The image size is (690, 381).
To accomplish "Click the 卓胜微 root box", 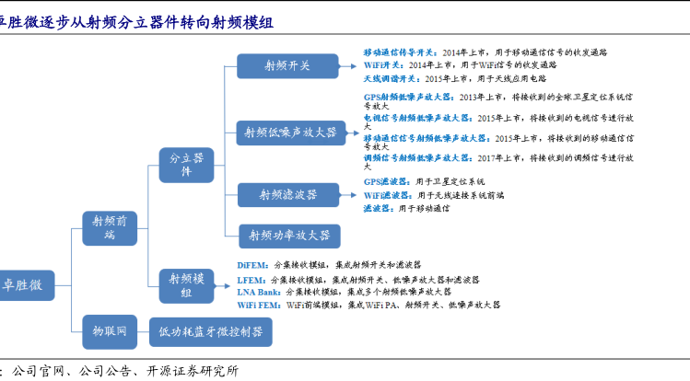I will [24, 284].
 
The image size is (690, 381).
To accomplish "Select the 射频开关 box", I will [287, 66].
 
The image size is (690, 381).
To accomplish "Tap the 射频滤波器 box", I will [287, 195].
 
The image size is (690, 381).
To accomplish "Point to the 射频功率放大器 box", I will [289, 236].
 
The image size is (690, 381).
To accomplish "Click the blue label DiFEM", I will [252, 264].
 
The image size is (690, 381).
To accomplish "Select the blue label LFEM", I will [251, 278].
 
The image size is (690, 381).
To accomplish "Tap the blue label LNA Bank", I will [259, 291].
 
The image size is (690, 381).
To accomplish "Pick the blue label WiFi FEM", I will [259, 304].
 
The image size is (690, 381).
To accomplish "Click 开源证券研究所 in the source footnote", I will [193, 371].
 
